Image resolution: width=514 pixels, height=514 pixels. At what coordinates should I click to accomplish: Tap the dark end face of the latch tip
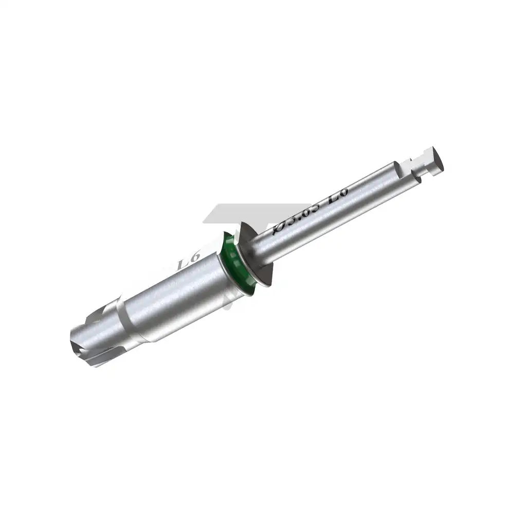(437, 160)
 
